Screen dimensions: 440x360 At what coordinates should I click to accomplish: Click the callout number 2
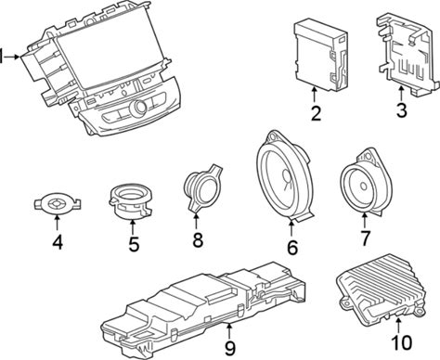coord(316,113)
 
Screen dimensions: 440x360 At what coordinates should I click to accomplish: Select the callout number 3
coord(401,110)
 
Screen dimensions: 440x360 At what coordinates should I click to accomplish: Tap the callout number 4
coord(58,242)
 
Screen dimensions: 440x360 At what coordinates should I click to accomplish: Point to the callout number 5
coord(134,244)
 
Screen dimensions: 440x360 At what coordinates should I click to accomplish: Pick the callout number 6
coord(292,248)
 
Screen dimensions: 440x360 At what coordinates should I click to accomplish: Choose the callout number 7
coord(365,238)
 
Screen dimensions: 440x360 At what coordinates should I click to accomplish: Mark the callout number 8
coord(198,239)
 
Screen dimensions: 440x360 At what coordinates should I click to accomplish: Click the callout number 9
coord(230,348)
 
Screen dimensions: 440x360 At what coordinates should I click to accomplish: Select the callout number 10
coord(402,342)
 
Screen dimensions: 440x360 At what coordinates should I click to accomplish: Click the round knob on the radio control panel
coord(139,108)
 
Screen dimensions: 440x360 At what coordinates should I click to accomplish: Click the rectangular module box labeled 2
coord(320,57)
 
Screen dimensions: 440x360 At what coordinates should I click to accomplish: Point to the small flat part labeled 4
coord(58,203)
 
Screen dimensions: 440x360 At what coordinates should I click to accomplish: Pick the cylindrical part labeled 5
coord(131,201)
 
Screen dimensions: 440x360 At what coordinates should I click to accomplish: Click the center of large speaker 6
coord(285,183)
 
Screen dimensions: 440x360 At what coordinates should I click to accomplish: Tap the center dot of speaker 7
coord(363,186)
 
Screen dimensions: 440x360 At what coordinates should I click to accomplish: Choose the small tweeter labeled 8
coord(202,188)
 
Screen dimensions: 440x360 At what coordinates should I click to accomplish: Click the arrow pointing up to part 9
coord(228,331)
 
